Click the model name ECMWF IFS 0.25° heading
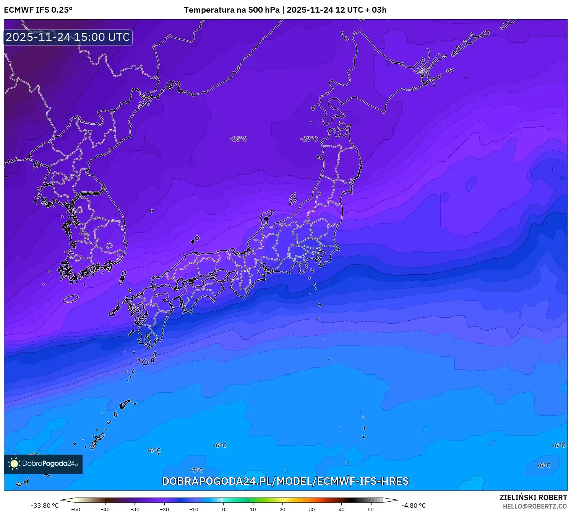[38, 10]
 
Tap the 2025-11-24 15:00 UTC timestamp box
[68, 37]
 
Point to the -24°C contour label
[422, 71]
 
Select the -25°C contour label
[238, 139]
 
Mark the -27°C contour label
[309, 139]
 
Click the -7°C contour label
[196, 470]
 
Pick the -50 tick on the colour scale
[76, 509]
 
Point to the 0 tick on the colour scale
[224, 509]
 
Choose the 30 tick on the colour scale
[312, 509]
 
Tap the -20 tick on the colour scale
[164, 509]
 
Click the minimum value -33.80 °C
[45, 505]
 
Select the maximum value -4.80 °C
[414, 505]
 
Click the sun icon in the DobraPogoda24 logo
[14, 464]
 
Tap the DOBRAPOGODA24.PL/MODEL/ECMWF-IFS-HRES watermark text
[285, 481]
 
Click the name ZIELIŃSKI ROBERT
[533, 497]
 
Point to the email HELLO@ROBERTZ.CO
[535, 506]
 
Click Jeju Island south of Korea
[70, 298]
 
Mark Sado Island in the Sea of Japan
[293, 199]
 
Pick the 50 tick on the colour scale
[371, 509]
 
